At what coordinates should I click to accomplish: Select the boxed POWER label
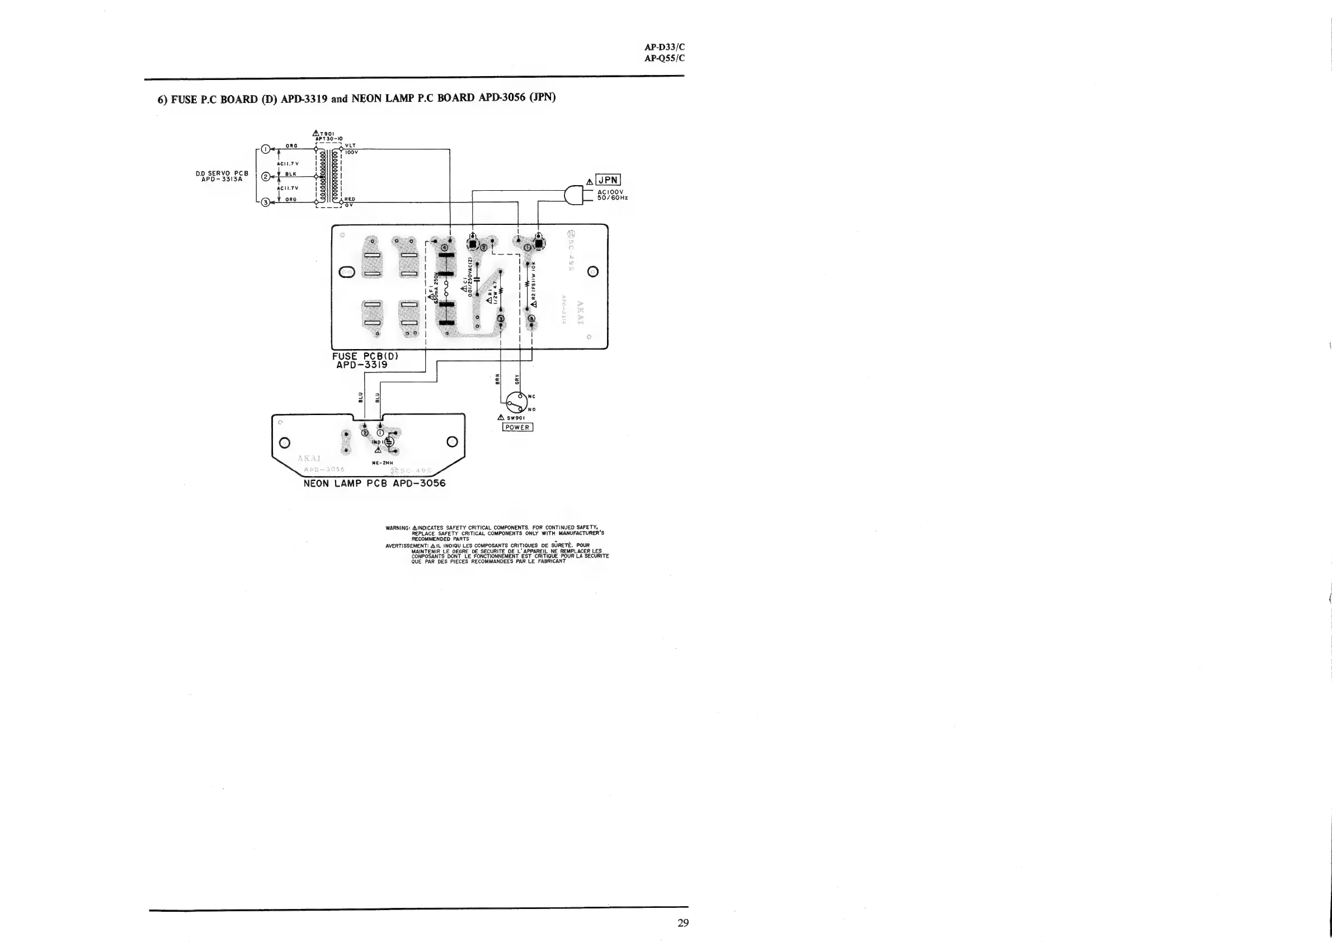click(517, 427)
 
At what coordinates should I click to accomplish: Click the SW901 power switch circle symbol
click(516, 403)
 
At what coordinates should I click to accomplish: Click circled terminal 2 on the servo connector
click(266, 177)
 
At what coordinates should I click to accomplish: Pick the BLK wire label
click(291, 174)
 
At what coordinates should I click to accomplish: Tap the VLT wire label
click(350, 145)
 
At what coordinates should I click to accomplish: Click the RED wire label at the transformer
click(350, 199)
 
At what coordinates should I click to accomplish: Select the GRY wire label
click(517, 379)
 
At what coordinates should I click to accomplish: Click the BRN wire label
click(497, 379)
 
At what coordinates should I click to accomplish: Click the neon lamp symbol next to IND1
click(389, 441)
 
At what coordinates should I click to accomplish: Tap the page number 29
click(683, 922)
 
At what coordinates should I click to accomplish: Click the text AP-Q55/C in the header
click(664, 58)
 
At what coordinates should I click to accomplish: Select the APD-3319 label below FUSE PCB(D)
click(361, 365)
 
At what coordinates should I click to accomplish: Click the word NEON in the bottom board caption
click(316, 483)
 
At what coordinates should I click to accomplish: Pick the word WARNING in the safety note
click(397, 528)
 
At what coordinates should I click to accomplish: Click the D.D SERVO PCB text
click(222, 173)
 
